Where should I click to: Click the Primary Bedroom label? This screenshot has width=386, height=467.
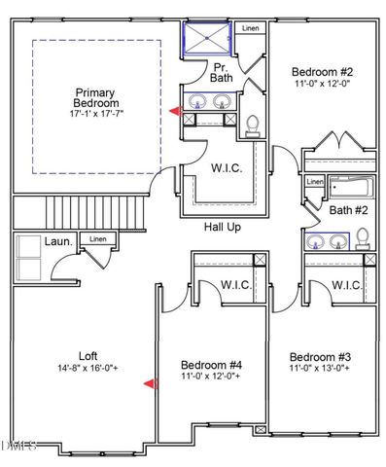pyautogui.click(x=97, y=97)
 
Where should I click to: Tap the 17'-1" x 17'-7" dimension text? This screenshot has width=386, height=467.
pyautogui.click(x=97, y=114)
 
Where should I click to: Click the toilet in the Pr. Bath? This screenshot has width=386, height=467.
pyautogui.click(x=253, y=125)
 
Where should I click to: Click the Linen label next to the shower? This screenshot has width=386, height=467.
pyautogui.click(x=251, y=29)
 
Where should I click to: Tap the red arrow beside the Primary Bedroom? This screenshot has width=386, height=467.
pyautogui.click(x=174, y=112)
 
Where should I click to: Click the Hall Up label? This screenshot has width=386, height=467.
pyautogui.click(x=223, y=227)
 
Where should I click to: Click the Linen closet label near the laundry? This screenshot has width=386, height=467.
pyautogui.click(x=96, y=238)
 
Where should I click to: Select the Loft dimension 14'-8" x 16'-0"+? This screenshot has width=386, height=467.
pyautogui.click(x=87, y=369)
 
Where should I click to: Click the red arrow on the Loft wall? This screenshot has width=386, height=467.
pyautogui.click(x=150, y=384)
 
